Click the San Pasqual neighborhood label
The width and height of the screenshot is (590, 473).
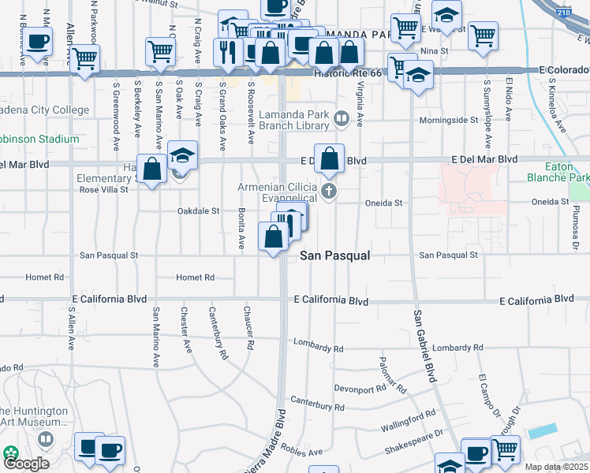pos(334,256)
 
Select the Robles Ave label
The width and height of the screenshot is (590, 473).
pos(304,453)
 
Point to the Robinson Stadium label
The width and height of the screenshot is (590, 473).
pos(39,139)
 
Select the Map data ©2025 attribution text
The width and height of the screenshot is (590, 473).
pos(556,467)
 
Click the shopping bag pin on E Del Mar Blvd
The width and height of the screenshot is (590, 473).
pos(330,158)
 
